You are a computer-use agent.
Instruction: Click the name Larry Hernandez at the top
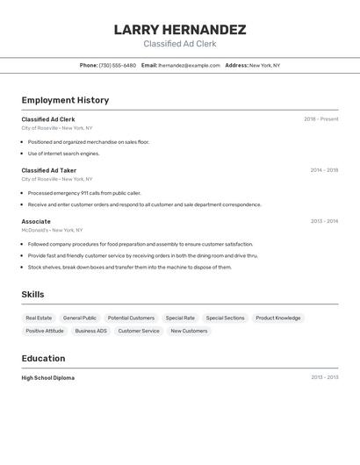[x=180, y=30]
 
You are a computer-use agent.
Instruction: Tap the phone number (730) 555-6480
[x=117, y=65]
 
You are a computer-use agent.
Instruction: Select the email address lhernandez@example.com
[x=189, y=65]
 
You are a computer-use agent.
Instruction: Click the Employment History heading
[x=65, y=100]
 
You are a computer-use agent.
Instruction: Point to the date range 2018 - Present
[x=320, y=119]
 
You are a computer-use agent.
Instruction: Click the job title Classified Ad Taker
[x=49, y=170]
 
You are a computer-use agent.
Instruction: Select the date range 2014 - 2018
[x=324, y=170]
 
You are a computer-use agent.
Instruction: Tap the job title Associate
[x=36, y=221]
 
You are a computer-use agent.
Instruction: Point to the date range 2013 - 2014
[x=324, y=221]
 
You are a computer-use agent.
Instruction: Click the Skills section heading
[x=32, y=295]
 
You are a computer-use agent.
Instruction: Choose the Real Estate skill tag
[x=39, y=318]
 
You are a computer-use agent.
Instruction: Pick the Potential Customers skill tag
[x=131, y=318]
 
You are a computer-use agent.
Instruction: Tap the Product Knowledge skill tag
[x=278, y=318]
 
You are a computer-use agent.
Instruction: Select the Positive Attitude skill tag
[x=45, y=331]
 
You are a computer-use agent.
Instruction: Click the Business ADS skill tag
[x=90, y=331]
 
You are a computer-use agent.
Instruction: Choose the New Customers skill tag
[x=189, y=331]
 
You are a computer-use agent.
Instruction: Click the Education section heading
[x=43, y=358]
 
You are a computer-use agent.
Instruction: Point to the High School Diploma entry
[x=48, y=378]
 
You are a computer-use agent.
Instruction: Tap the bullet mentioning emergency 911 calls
[x=84, y=193]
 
